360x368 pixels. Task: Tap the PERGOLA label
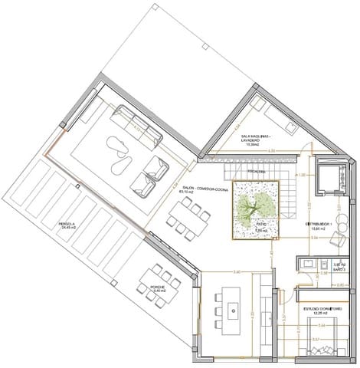(70, 224)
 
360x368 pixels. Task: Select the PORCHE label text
(159, 286)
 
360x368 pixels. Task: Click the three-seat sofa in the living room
(137, 125)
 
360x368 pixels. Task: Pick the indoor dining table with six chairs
(188, 215)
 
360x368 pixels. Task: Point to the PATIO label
(260, 225)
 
